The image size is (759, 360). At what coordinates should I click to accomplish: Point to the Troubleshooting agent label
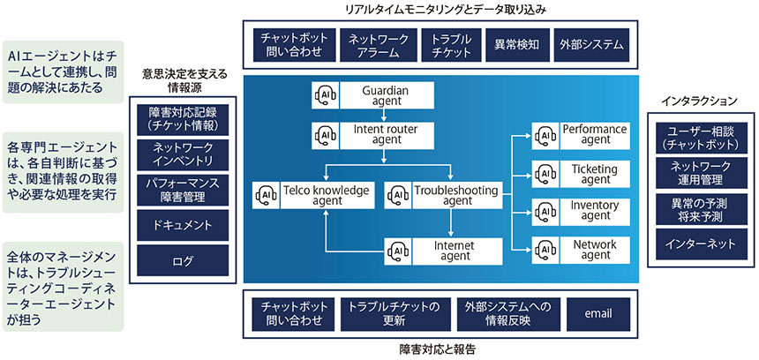coord(456,194)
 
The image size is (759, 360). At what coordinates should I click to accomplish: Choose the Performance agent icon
coord(545,134)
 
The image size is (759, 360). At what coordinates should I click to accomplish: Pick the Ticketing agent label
coord(597,172)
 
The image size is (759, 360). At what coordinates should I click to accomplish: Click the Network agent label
coord(597,249)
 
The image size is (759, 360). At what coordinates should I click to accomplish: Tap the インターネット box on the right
coord(698,241)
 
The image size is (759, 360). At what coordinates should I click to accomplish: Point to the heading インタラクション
coord(699,100)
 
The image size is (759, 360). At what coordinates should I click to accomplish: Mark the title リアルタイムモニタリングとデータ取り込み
coord(437,9)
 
